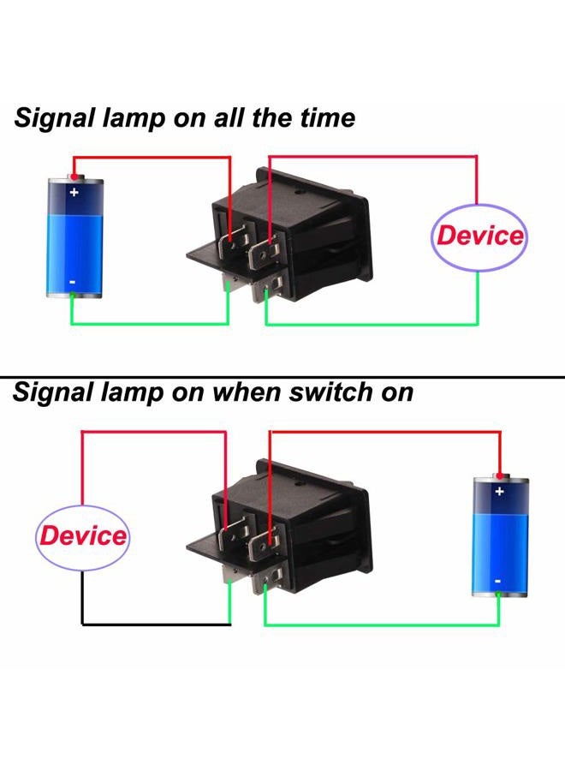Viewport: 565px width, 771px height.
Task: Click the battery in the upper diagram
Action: point(74,237)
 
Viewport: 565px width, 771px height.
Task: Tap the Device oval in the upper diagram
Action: point(478,237)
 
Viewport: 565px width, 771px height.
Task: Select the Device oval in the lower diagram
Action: point(82,536)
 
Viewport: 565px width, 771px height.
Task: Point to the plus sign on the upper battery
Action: point(74,192)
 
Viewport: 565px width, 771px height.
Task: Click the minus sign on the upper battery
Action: point(73,282)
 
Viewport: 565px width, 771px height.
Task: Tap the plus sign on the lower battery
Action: point(500,492)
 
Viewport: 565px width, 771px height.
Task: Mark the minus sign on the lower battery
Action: point(498,581)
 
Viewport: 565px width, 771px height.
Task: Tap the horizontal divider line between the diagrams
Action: point(282,377)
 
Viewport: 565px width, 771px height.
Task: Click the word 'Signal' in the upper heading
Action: point(53,118)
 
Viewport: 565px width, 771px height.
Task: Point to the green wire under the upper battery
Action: point(146,325)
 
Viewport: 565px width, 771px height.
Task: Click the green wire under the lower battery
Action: point(385,625)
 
